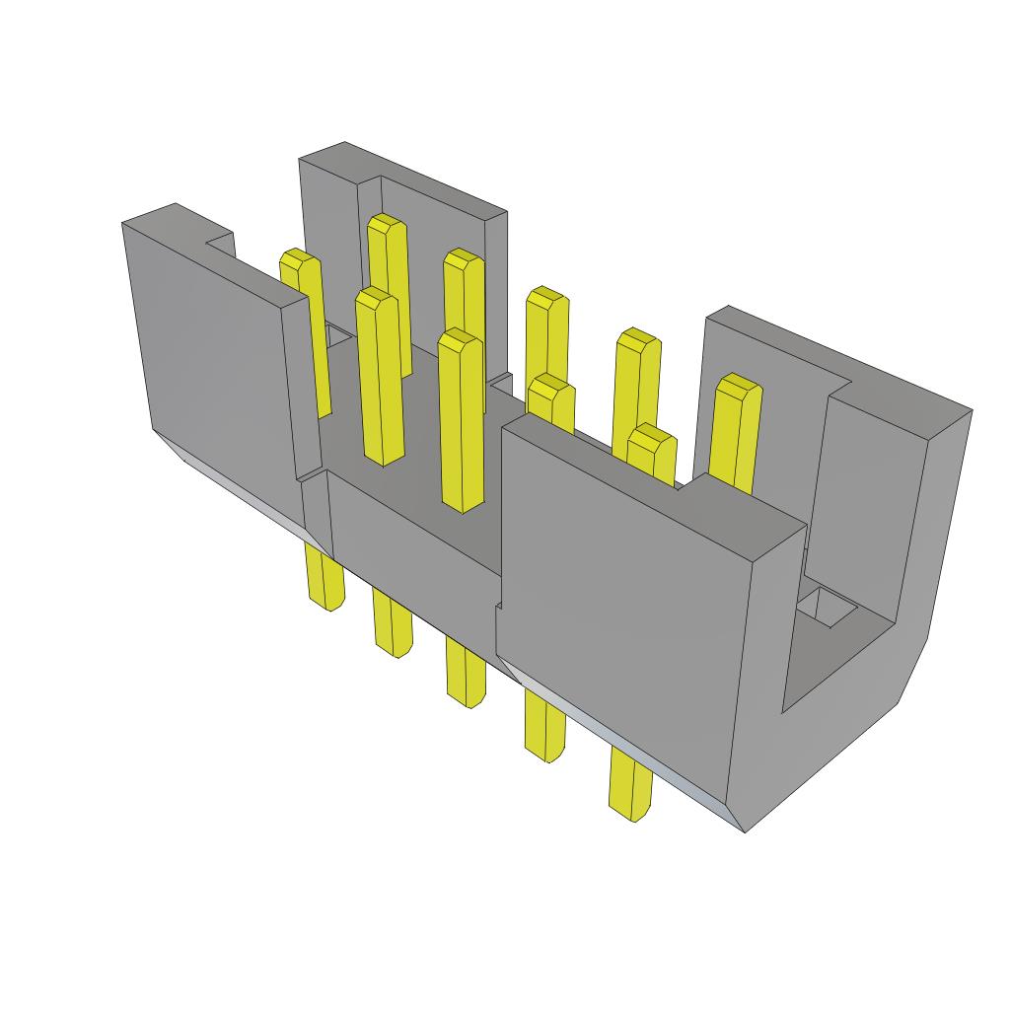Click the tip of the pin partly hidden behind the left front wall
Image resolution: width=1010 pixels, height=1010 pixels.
(x=299, y=261)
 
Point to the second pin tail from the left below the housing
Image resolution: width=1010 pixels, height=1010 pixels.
(x=393, y=623)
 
